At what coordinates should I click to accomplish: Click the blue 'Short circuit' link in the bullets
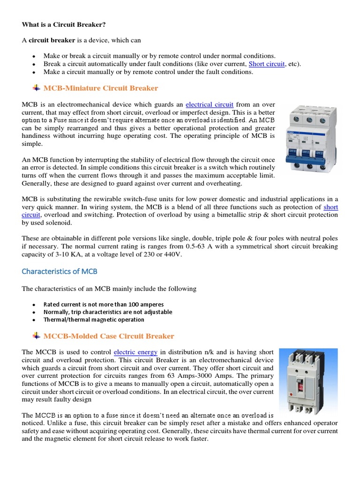pos(266,64)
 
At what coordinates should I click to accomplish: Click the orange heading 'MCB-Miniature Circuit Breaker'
pos(100,88)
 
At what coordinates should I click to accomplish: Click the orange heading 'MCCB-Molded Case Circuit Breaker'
pos(108,336)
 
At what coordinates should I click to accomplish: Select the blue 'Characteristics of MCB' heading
pos(60,271)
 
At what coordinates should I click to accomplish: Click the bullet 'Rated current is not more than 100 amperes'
pos(104,304)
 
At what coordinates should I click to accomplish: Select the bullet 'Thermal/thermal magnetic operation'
pos(94,320)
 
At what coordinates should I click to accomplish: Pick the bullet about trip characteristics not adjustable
pos(108,312)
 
